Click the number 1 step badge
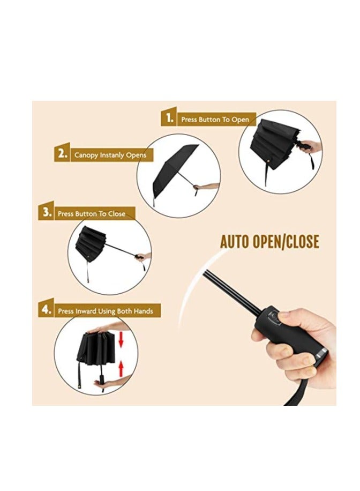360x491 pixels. [x=169, y=118]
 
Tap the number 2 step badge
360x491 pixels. [x=62, y=154]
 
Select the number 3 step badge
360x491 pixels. [x=46, y=212]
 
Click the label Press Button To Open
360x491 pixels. [x=215, y=120]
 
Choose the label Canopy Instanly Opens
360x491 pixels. [x=110, y=155]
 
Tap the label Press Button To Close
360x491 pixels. [x=91, y=213]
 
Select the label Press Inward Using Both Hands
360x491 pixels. [x=106, y=311]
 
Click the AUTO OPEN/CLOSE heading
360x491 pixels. [x=269, y=242]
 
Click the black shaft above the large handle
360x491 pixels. [x=231, y=292]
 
